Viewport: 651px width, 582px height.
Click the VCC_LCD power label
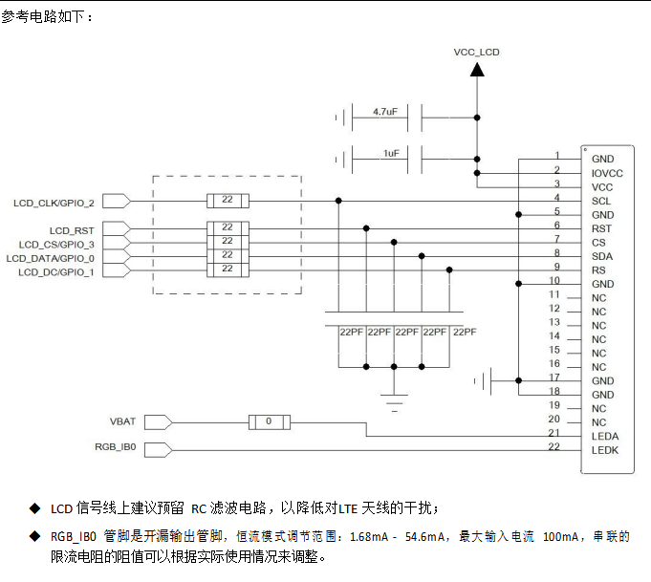tap(476, 52)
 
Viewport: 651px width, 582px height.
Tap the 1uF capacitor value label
tap(391, 153)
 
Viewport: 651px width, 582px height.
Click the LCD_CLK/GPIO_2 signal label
tap(54, 203)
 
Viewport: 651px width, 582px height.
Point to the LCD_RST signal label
tap(74, 231)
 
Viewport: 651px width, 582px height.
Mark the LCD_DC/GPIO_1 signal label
tap(57, 272)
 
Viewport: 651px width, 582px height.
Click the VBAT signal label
tap(123, 421)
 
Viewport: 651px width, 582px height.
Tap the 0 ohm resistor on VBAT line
tap(269, 421)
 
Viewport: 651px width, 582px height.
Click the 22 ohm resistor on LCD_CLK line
tap(227, 202)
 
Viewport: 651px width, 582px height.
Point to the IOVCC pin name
tap(607, 173)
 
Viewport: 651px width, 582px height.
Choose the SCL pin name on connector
tap(601, 201)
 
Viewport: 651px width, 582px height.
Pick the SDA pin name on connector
tap(602, 256)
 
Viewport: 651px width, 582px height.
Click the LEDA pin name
tap(605, 436)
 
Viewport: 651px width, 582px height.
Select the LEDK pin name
tap(605, 450)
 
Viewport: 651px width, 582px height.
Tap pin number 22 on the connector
tap(553, 446)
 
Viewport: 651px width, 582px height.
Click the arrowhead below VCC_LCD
tap(476, 75)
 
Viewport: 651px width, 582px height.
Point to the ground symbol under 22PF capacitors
tap(393, 399)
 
